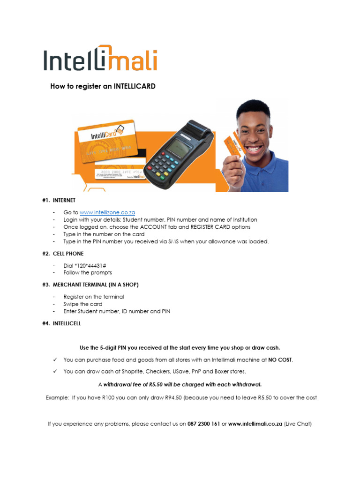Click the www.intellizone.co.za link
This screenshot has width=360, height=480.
point(107,212)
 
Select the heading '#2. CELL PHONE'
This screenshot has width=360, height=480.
point(62,254)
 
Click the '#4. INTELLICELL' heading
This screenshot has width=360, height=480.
point(60,323)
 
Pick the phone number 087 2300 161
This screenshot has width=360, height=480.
point(204,424)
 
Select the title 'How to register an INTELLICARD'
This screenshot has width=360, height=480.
point(103,86)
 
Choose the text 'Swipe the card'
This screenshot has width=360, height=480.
point(83,304)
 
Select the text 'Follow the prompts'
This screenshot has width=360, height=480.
point(88,272)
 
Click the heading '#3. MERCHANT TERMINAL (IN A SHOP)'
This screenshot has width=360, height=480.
point(90,285)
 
